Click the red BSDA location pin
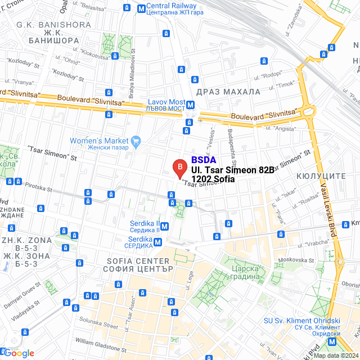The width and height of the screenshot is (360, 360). coord(179,168)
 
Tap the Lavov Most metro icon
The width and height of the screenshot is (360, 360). coord(191,105)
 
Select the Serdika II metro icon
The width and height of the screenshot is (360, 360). coord(164,226)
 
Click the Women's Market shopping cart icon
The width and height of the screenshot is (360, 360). coord(136,140)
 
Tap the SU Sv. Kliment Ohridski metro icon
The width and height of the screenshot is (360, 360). coord(333,341)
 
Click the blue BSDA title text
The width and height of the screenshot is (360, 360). coord(204,160)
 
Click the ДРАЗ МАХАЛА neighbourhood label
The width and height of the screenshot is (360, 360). coord(228,91)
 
